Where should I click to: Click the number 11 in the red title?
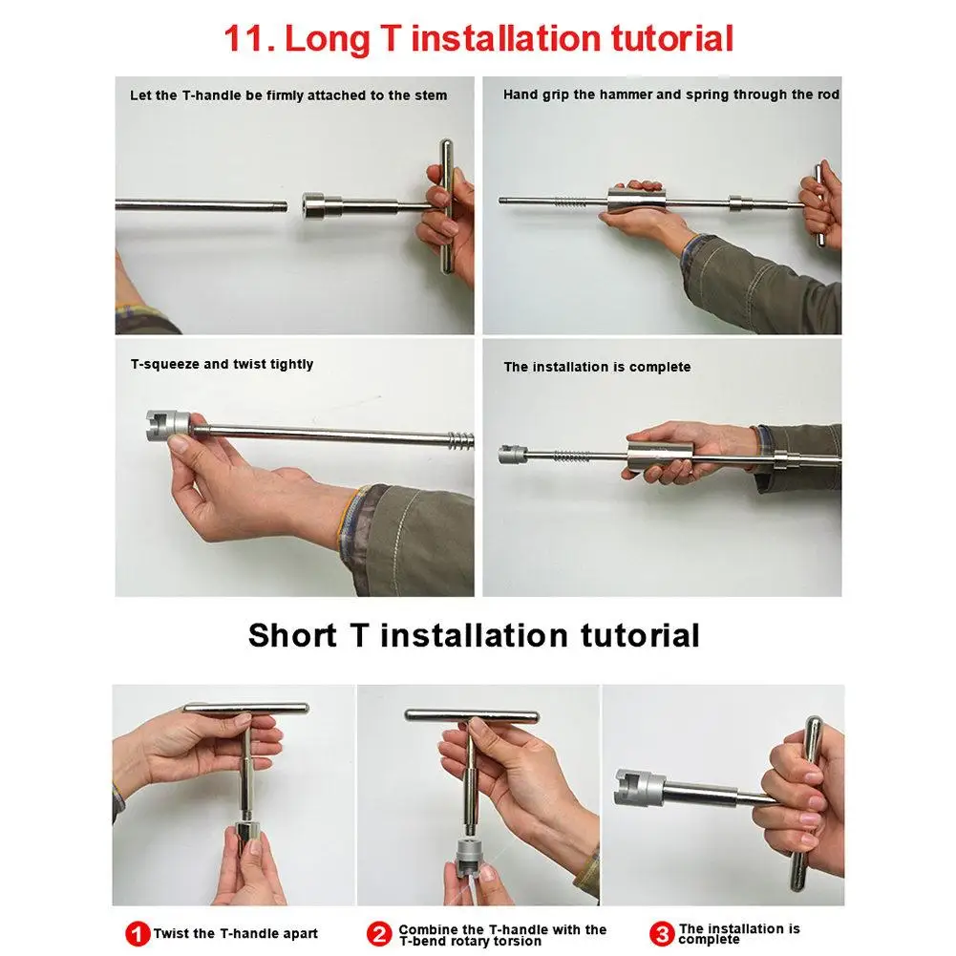[x=244, y=39]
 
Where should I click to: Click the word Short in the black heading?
[x=292, y=635]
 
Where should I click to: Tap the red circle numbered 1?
[x=138, y=933]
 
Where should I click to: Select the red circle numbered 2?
[x=379, y=933]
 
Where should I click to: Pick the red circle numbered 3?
[x=662, y=933]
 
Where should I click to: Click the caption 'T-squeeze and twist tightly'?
[x=222, y=364]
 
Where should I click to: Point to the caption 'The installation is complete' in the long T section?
[x=597, y=367]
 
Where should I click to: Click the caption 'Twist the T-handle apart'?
[x=236, y=933]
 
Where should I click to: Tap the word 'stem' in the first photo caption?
[x=431, y=96]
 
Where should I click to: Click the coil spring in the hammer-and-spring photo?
[x=570, y=202]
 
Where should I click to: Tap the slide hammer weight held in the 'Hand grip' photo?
[x=635, y=201]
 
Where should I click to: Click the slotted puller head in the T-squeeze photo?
[x=168, y=425]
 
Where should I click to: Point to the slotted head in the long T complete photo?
[x=512, y=455]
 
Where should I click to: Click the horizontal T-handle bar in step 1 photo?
[x=246, y=709]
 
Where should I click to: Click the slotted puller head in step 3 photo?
[x=639, y=787]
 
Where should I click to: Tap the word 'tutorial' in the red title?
[x=672, y=39]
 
